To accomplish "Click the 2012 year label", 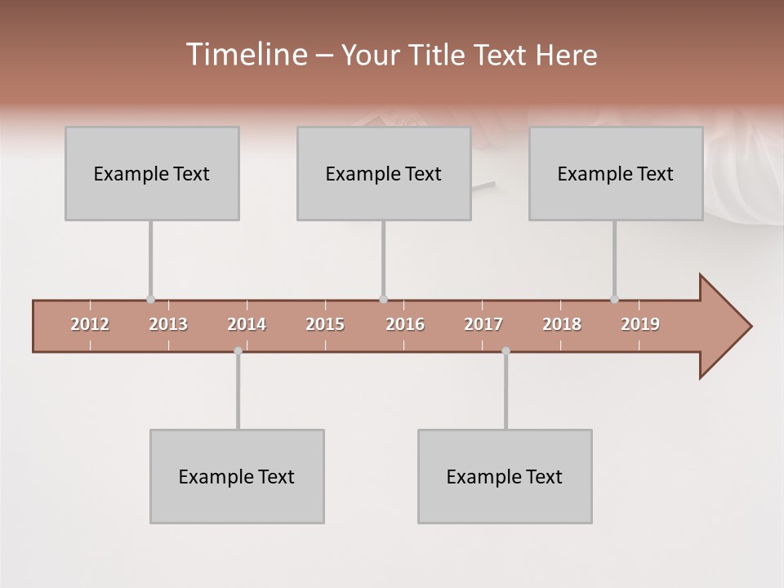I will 90,324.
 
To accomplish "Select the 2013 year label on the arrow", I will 168,324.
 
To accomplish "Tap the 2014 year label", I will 247,324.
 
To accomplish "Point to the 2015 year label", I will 325,324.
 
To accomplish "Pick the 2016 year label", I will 405,324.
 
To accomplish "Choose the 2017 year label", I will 483,324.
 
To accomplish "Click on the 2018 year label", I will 562,324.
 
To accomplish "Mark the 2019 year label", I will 640,324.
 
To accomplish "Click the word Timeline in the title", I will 244,55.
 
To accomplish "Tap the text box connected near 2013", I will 152,173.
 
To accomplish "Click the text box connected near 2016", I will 384,173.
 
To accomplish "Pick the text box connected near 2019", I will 616,173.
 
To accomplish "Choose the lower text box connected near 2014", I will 237,476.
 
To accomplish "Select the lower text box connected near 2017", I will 505,476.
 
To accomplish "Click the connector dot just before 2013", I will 150,299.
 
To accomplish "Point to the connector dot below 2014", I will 238,351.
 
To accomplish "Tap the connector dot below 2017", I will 506,351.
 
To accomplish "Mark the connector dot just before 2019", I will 614,299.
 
